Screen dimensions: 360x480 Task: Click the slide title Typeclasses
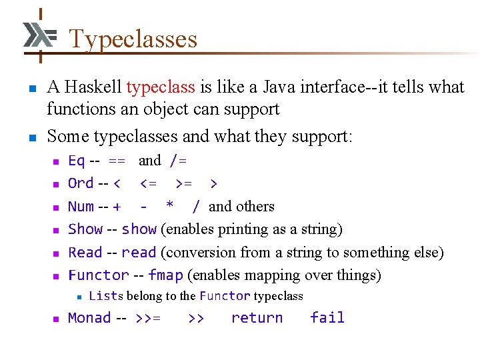(x=133, y=39)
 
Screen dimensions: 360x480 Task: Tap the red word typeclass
(x=161, y=87)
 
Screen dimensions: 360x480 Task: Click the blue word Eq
(x=76, y=161)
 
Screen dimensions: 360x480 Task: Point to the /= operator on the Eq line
(x=178, y=161)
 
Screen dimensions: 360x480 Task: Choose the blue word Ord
(x=81, y=183)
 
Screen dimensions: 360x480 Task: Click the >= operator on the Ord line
(x=184, y=183)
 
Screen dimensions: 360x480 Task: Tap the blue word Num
(x=81, y=207)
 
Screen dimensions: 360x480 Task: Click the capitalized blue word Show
(x=85, y=229)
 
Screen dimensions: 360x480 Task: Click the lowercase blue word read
(x=139, y=253)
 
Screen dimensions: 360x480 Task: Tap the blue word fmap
(x=165, y=275)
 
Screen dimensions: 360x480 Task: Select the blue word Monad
(x=89, y=318)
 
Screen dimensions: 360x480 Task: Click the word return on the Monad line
(x=257, y=318)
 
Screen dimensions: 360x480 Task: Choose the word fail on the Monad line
(x=327, y=318)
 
